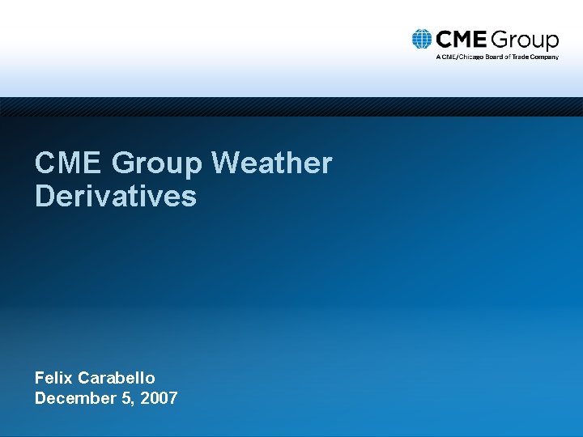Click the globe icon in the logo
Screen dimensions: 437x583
[421, 40]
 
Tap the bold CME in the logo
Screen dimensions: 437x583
[460, 40]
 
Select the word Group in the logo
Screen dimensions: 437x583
[524, 40]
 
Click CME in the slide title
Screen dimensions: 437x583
[68, 163]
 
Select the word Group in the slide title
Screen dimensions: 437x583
[157, 164]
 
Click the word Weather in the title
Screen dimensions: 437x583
[271, 163]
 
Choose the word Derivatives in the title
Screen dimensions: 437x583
[115, 196]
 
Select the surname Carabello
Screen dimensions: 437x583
[117, 378]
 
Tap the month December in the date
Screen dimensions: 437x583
[72, 398]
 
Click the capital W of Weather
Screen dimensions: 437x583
[224, 163]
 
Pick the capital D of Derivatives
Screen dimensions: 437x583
[44, 196]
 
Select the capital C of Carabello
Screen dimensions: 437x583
[84, 378]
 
